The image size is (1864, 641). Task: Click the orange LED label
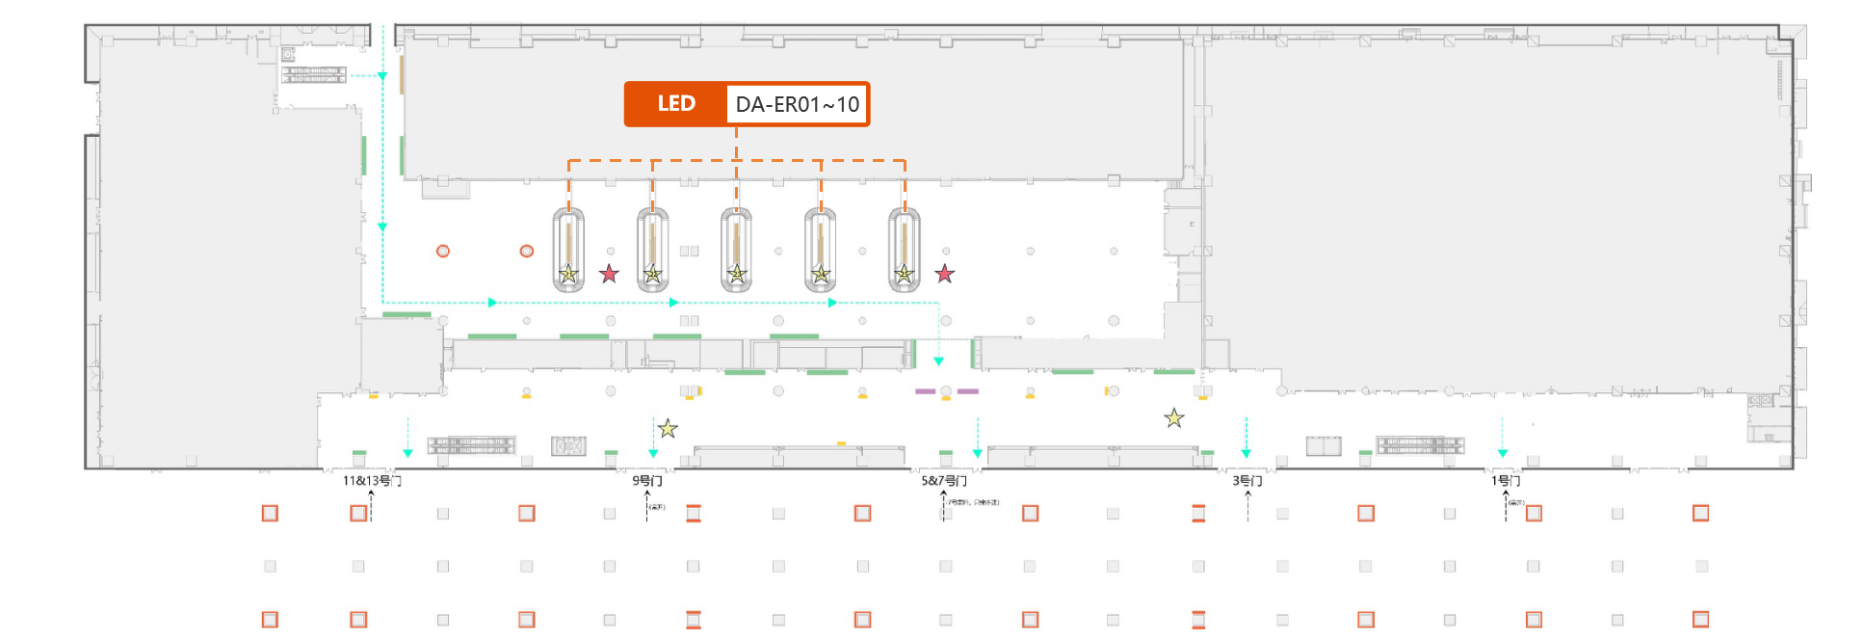coord(676,104)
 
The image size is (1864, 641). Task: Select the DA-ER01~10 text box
coord(797,104)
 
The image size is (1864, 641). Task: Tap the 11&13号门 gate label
coord(372,480)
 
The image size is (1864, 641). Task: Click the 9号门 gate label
coord(647,480)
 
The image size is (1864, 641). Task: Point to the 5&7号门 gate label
coord(944,480)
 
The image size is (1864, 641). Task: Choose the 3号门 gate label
coord(1247,480)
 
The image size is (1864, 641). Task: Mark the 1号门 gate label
coord(1506,480)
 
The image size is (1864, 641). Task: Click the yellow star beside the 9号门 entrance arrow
coord(668,429)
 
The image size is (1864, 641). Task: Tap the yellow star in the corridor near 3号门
coord(1173,418)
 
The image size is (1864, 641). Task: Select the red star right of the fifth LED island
coord(945,274)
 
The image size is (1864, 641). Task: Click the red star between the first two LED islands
coord(609,274)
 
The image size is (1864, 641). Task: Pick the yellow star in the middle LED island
coord(737,275)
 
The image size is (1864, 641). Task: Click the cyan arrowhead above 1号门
coord(1502,453)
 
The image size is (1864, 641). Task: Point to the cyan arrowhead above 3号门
coord(1246,453)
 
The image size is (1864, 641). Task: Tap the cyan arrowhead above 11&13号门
coord(407,453)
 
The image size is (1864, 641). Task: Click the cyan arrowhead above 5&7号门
coord(978,453)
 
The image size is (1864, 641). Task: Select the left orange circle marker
coord(443,252)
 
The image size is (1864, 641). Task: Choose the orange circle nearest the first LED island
coord(527,252)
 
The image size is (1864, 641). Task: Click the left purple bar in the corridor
coord(925,391)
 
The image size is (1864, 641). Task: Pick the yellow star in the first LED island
coord(568,275)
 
